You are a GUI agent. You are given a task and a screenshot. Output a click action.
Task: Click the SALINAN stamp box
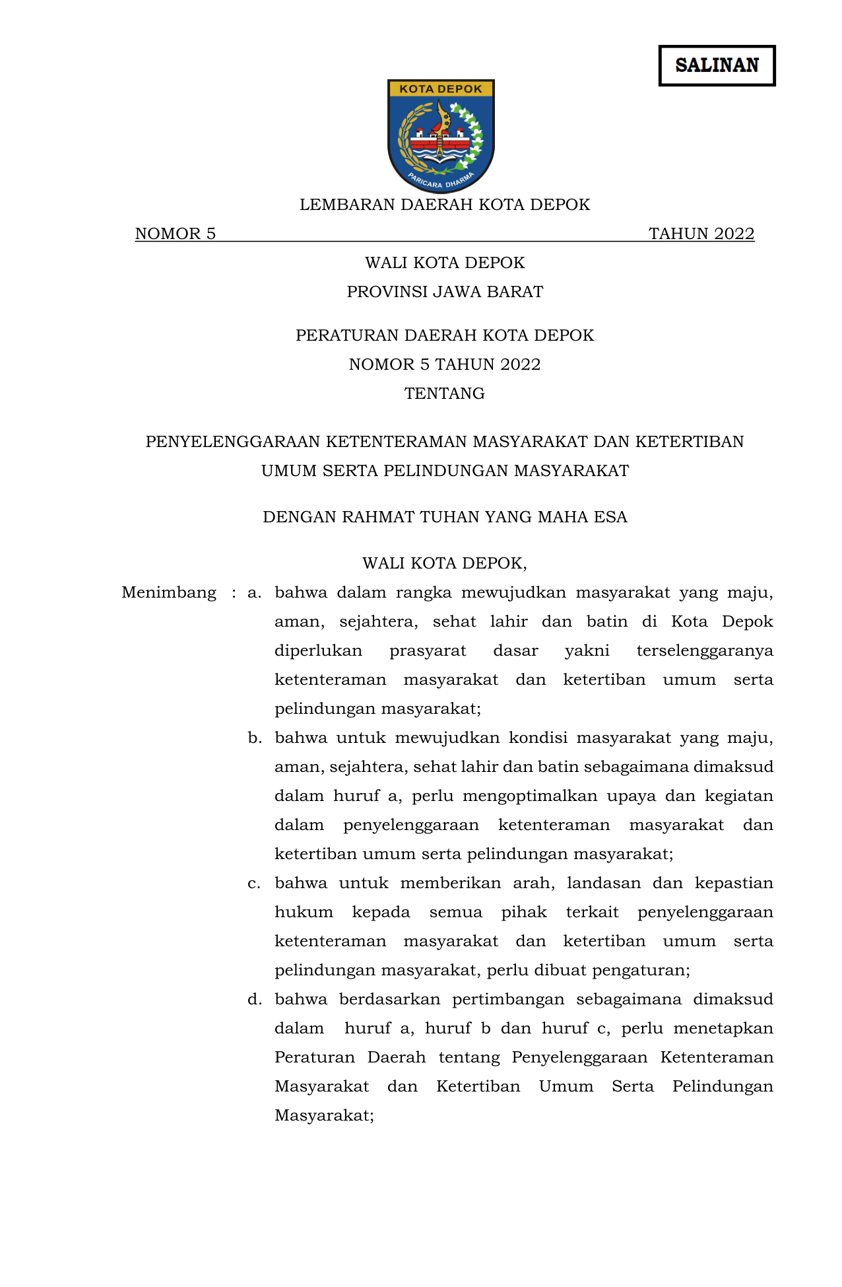[717, 65]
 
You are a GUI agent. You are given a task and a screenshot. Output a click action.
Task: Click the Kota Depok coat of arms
[441, 136]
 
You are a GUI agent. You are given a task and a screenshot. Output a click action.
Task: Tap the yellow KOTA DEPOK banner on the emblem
[441, 88]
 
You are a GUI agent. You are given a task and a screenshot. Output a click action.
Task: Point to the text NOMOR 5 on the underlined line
[176, 234]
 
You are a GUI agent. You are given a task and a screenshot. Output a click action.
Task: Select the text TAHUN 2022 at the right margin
[701, 234]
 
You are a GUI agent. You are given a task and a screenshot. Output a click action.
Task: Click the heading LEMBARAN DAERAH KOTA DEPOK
[445, 205]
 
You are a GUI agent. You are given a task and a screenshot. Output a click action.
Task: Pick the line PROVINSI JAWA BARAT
[445, 292]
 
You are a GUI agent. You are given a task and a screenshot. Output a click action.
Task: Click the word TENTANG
[445, 394]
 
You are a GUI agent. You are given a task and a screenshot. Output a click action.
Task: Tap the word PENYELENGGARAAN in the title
[233, 442]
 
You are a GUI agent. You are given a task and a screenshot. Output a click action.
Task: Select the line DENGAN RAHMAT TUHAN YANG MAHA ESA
[445, 517]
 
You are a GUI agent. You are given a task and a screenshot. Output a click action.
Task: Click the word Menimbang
[169, 593]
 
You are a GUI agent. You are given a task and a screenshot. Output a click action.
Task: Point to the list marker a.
[254, 593]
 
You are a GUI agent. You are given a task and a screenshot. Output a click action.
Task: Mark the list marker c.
[254, 884]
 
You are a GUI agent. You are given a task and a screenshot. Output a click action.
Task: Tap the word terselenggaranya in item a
[704, 651]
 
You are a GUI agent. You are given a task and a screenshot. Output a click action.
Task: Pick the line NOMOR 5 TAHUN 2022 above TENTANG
[445, 365]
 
